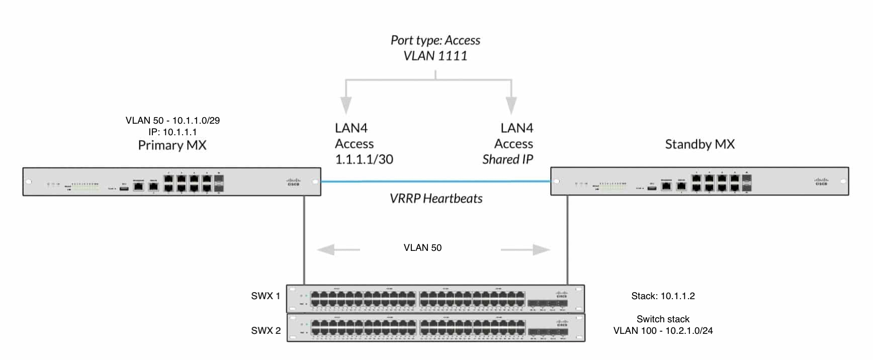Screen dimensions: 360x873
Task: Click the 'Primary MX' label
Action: [172, 145]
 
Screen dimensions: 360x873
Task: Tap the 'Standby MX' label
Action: [700, 144]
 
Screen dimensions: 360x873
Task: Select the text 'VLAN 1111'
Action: [435, 56]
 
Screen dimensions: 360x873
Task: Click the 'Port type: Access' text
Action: [435, 40]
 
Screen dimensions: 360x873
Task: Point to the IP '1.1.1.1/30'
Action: [364, 159]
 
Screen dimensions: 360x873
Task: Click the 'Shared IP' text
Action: [507, 159]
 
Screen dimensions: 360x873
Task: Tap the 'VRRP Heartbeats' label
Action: [436, 199]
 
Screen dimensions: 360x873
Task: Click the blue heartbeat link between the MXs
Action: [435, 182]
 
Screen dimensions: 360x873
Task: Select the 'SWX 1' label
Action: [266, 296]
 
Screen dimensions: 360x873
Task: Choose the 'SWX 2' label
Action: [266, 330]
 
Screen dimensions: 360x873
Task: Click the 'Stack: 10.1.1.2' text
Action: [663, 296]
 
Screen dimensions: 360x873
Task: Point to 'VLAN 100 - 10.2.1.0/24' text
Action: [663, 331]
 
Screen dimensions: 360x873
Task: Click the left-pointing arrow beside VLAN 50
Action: [338, 249]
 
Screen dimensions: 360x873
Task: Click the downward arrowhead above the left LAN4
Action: [345, 105]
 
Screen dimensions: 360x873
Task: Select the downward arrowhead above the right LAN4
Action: [511, 105]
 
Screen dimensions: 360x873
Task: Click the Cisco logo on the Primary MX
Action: [293, 182]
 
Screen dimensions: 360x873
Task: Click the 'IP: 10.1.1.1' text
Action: [172, 132]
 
